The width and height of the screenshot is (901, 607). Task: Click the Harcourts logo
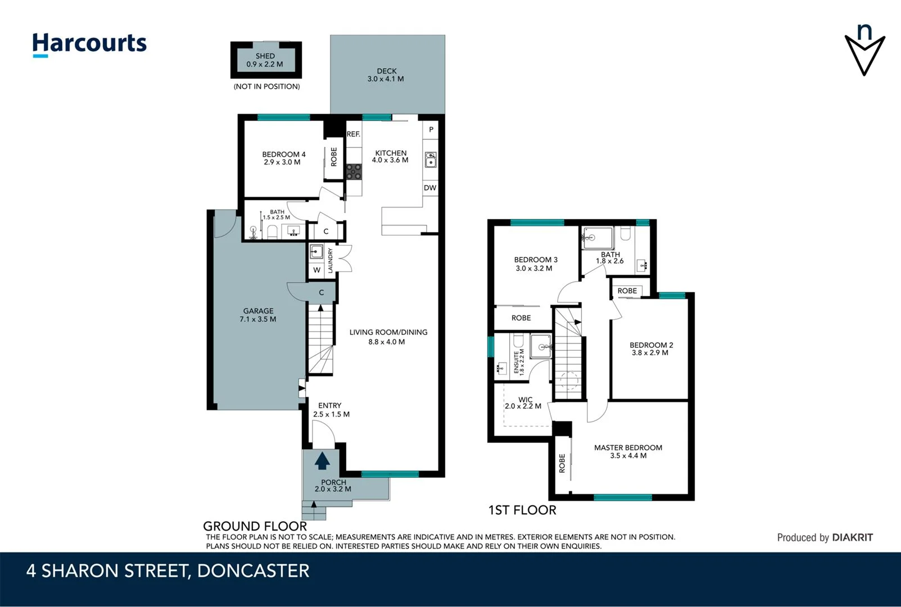[x=89, y=44]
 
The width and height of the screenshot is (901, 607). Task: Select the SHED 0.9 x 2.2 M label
[x=265, y=60]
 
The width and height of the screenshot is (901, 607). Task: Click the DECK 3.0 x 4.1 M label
[x=386, y=75]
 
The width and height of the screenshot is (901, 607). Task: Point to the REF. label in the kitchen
[x=354, y=134]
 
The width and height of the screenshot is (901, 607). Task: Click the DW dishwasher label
[x=430, y=188]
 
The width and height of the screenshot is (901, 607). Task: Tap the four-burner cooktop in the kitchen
[x=354, y=171]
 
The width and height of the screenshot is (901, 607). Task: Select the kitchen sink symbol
[x=431, y=160]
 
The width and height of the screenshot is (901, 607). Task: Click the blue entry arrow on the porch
[x=322, y=461]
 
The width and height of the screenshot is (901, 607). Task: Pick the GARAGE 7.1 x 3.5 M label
[x=258, y=315]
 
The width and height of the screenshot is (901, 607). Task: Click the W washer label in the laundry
[x=317, y=270]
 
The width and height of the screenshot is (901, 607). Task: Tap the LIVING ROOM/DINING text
[x=388, y=332]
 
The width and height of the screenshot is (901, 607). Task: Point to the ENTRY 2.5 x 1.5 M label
[x=330, y=410]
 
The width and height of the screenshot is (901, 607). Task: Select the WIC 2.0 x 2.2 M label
[x=524, y=403]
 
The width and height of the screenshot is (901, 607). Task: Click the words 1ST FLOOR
[x=522, y=510]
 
